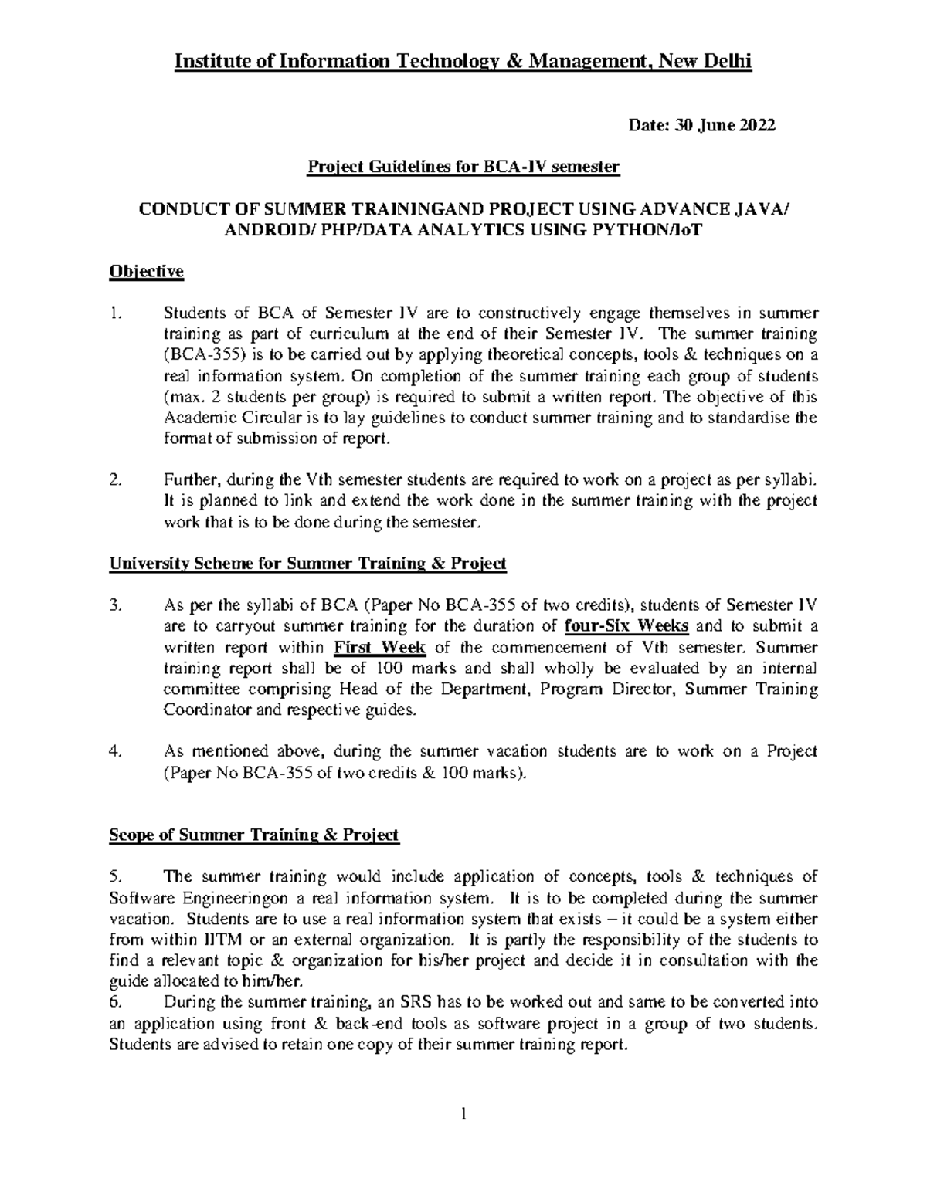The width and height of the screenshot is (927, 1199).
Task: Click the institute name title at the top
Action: click(463, 62)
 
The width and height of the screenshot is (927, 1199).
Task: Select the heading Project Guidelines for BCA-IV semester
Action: click(463, 168)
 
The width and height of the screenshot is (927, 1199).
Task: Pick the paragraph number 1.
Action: click(116, 313)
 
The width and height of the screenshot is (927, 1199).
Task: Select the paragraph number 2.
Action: click(116, 480)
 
